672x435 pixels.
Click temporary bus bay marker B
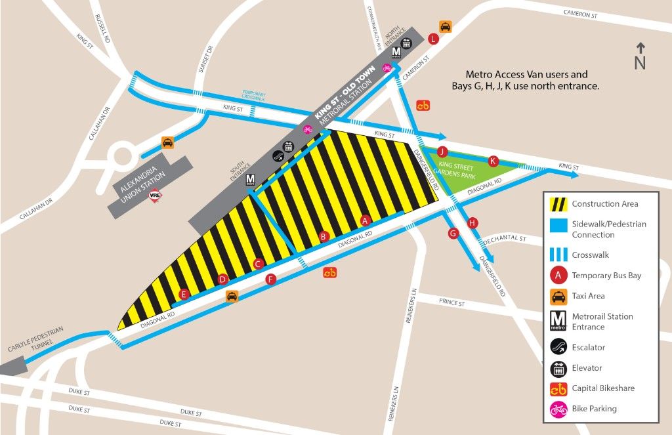323,236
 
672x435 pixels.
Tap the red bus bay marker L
432,39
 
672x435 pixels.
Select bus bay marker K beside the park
493,161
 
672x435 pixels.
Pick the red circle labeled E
184,295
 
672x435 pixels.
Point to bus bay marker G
452,233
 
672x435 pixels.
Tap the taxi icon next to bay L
445,27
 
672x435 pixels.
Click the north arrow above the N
640,48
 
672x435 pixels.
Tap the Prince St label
452,304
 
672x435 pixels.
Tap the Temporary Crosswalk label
254,96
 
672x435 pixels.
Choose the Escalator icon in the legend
558,347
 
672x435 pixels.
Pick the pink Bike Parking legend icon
558,409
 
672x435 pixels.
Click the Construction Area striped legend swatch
558,204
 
